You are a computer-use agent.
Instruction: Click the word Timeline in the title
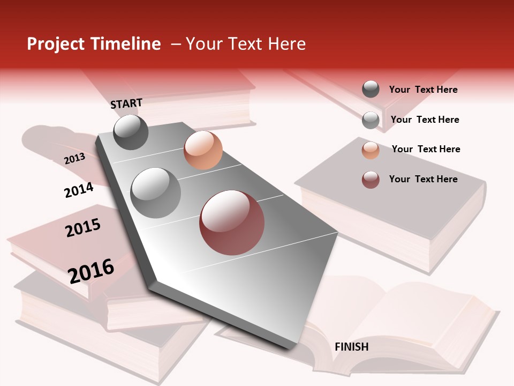pos(126,44)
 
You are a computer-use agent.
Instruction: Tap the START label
pos(126,103)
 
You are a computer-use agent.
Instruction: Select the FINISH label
pos(351,347)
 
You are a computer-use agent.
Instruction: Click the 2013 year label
pos(74,159)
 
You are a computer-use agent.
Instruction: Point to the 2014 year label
pos(79,190)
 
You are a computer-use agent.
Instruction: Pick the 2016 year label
pos(91,271)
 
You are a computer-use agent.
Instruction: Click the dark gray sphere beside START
pos(131,132)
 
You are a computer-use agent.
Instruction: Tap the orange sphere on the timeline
pos(203,150)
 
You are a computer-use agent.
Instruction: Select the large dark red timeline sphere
pos(232,222)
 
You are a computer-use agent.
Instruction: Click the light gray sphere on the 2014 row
pos(156,192)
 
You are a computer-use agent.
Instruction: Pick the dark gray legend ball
pos(371,90)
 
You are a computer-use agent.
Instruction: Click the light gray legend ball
pos(371,120)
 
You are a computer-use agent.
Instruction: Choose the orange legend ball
pos(371,150)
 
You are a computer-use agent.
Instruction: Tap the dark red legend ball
pos(371,180)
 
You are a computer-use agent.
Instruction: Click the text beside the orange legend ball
pos(426,149)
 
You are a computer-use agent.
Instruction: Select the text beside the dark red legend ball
pos(423,179)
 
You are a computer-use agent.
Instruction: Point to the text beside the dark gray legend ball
pos(423,90)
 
